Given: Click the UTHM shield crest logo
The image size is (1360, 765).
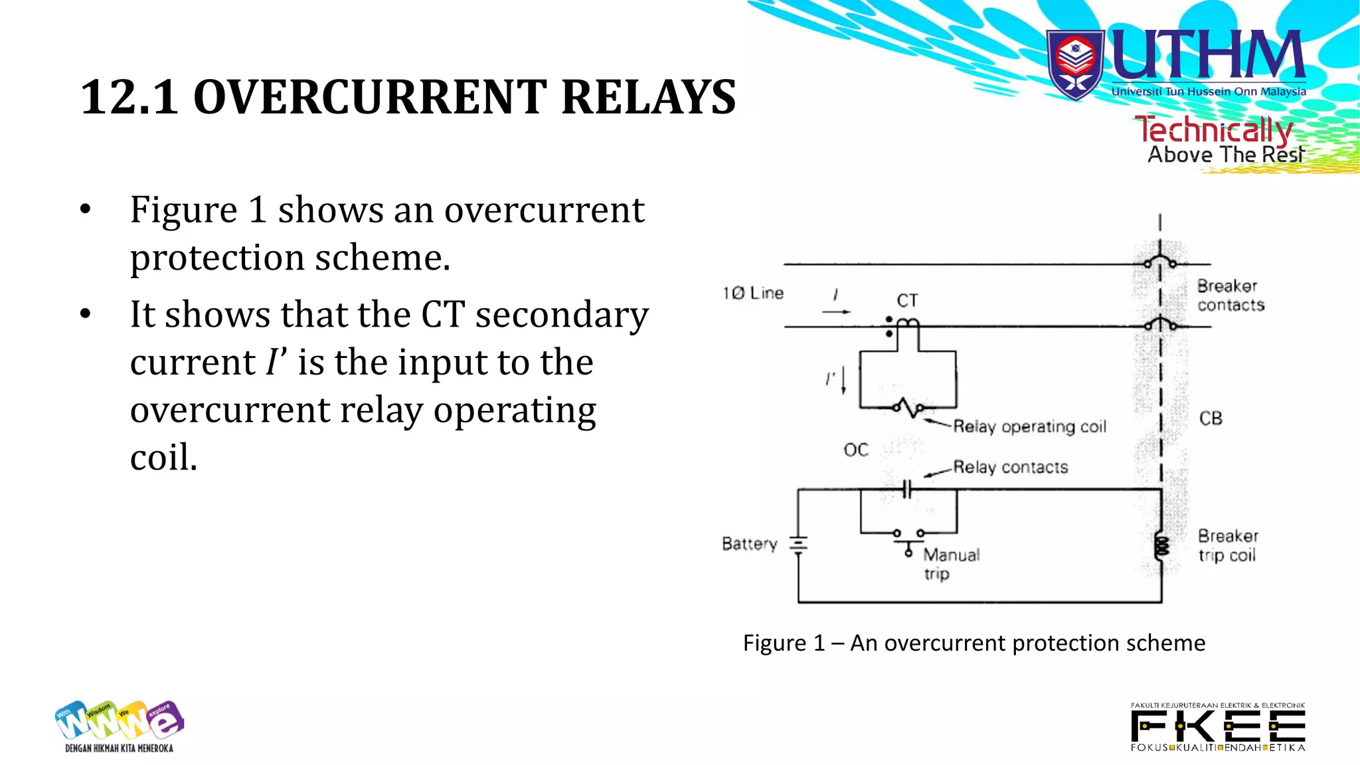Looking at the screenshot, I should tap(1075, 65).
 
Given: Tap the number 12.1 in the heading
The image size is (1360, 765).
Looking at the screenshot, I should tap(129, 98).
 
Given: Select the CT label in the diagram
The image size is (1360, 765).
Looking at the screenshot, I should tap(907, 301).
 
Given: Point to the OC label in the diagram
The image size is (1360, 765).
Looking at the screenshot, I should tap(856, 450).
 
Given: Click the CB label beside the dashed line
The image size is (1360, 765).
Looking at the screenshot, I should tap(1211, 418).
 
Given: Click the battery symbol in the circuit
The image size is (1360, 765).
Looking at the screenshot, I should tap(798, 545).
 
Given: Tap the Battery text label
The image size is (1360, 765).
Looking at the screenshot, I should tap(749, 544).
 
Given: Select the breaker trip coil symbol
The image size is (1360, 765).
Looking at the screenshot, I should tap(1161, 547).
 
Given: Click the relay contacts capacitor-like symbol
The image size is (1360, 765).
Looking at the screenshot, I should tap(908, 490).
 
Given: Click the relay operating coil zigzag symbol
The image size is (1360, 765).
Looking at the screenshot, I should tap(908, 408).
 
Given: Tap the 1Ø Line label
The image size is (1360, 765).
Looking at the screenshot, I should tap(753, 293).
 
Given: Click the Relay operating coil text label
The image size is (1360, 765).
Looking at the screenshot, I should tap(1029, 426).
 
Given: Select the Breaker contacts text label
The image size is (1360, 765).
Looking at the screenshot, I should tap(1230, 296).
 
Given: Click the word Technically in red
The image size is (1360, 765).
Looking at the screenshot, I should tap(1213, 129).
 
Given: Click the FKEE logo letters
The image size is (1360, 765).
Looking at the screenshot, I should tap(1218, 726).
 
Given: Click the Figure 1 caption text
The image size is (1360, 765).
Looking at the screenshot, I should tap(974, 643).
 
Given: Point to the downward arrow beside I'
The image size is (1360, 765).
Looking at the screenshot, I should tap(844, 380).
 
